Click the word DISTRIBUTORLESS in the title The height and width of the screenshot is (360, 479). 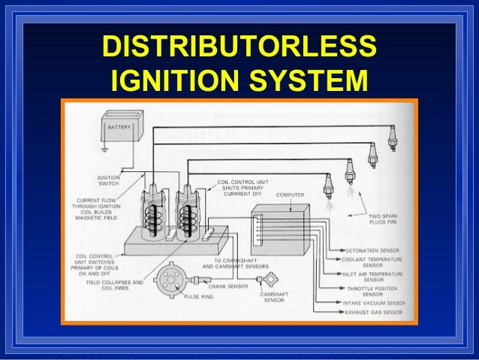[x=239, y=47]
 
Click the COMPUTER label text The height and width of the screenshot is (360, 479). [x=291, y=195]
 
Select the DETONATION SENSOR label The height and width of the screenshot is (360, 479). [x=372, y=250]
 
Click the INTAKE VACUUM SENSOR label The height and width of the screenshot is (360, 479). [x=373, y=304]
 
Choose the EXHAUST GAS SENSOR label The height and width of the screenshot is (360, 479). [x=372, y=312]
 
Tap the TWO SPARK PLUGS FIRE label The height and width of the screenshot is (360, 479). [x=385, y=221]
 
